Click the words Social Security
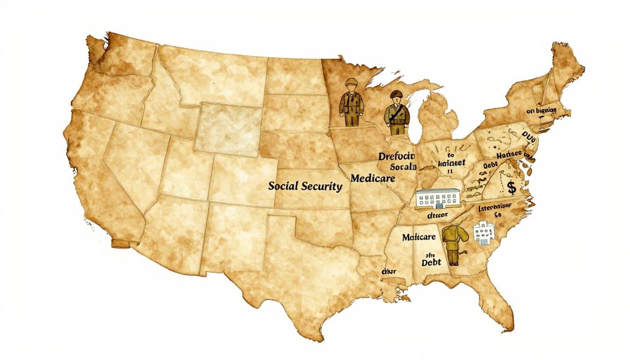click(x=305, y=186)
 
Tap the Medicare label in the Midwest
click(x=373, y=179)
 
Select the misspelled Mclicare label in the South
click(x=419, y=237)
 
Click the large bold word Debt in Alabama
click(x=431, y=262)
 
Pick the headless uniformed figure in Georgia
click(x=452, y=244)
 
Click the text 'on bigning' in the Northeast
click(x=541, y=111)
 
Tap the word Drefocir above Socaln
click(x=397, y=156)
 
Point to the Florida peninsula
click(x=497, y=300)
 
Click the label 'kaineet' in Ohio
click(x=451, y=163)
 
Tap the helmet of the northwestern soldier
click(x=351, y=82)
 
